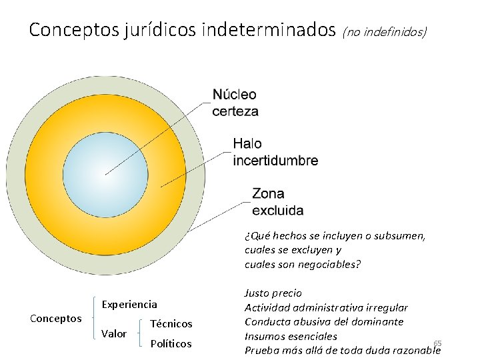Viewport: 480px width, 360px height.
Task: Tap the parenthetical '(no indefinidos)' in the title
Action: click(385, 31)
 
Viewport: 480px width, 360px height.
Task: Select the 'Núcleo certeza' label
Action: click(235, 103)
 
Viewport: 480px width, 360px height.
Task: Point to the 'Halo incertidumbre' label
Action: click(275, 152)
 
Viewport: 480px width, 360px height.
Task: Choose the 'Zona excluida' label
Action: click(277, 202)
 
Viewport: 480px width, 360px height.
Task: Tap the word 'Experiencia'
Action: click(129, 305)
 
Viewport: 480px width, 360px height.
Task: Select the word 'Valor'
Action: click(113, 333)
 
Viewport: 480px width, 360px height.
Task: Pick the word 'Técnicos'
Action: click(171, 324)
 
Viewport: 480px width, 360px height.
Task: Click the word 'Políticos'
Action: click(171, 344)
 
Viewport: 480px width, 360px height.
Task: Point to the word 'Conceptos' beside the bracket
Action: click(56, 319)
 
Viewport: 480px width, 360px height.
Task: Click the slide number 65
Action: click(437, 343)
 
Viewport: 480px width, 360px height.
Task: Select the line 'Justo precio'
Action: click(273, 293)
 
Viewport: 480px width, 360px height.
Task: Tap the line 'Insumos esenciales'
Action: click(291, 337)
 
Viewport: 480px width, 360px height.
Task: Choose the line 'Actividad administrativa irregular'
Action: click(326, 307)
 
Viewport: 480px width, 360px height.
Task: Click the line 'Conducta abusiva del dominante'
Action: click(324, 322)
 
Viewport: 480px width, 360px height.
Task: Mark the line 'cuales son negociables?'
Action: click(303, 265)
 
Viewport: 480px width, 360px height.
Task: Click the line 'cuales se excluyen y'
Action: click(293, 250)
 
